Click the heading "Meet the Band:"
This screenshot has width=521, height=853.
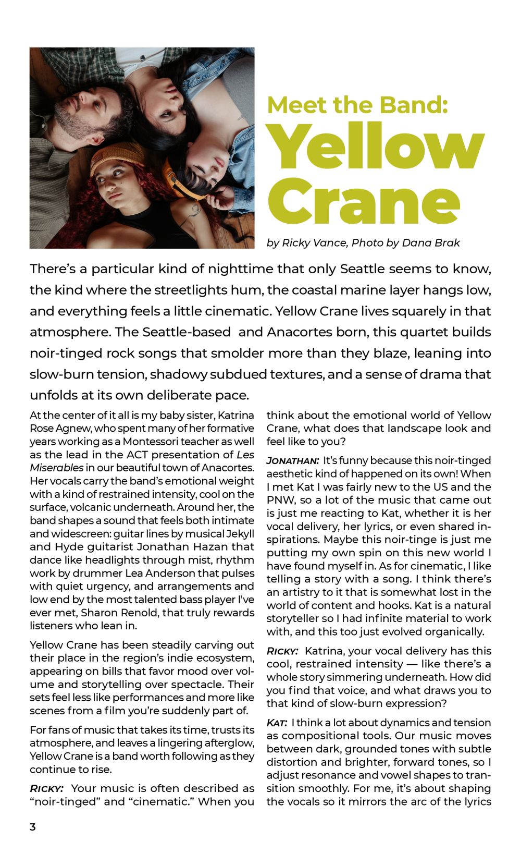pos(357,104)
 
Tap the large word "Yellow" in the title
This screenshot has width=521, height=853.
pos(378,148)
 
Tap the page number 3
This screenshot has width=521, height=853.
pos(33,827)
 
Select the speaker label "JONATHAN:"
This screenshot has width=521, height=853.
pos(293,461)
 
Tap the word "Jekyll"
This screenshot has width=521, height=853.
pos(240,533)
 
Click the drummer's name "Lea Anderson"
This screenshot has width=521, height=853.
pos(138,573)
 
